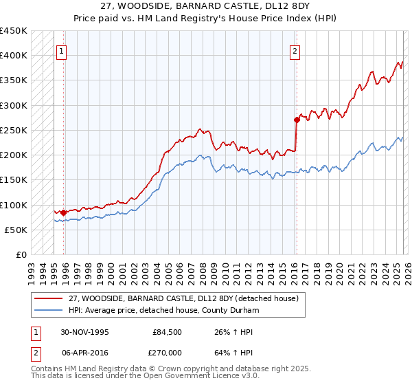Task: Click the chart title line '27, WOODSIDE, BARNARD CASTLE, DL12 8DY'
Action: click(205, 8)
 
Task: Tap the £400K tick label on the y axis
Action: click(14, 56)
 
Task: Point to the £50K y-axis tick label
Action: click(16, 230)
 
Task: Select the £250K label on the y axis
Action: click(14, 130)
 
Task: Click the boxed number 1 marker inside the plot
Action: click(62, 50)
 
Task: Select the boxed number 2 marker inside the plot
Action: click(295, 50)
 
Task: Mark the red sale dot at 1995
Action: click(64, 212)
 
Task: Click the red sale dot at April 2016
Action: click(297, 120)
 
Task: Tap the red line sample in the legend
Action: click(49, 299)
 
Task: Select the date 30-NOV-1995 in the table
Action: click(85, 332)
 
